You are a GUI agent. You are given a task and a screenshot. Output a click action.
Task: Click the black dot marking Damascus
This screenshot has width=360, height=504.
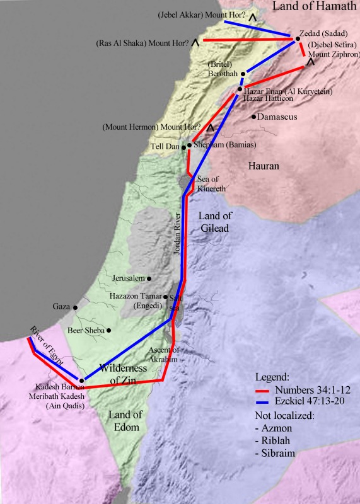tap(253, 117)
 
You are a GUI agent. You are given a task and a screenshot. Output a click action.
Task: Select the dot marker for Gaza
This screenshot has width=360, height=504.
tap(75, 307)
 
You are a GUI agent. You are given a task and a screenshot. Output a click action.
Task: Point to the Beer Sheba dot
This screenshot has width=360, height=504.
tap(109, 330)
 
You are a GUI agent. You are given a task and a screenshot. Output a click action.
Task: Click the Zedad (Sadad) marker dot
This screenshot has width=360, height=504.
tap(297, 39)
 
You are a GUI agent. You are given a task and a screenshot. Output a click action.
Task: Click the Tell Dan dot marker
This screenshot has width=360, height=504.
tap(184, 147)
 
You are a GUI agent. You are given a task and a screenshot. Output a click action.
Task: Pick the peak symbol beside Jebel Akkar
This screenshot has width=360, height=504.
tap(253, 18)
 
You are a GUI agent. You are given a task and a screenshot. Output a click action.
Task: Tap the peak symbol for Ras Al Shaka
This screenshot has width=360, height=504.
tap(196, 43)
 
